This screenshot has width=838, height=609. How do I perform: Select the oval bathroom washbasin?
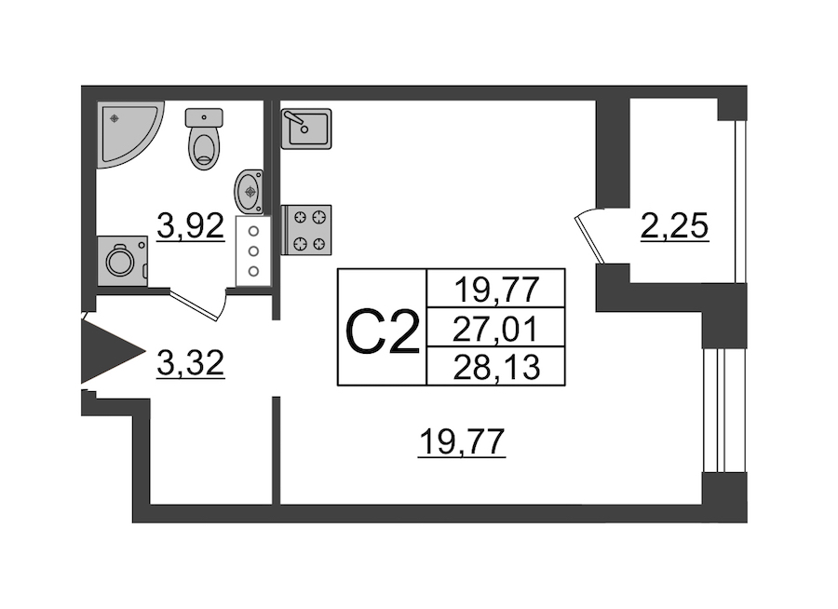(249, 191)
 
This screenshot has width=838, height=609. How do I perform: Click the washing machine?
(122, 261)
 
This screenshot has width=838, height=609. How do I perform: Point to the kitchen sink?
(306, 129)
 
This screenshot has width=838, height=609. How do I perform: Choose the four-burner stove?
(306, 230)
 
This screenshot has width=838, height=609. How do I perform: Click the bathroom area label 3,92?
(190, 227)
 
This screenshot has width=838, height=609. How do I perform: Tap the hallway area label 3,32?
(190, 364)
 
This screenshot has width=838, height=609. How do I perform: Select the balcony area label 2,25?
(675, 226)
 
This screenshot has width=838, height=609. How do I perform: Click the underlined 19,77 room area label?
(462, 443)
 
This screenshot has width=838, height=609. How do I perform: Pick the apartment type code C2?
(383, 333)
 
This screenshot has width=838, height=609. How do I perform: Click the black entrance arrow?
(113, 351)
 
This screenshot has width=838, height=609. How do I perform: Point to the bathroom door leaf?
(193, 305)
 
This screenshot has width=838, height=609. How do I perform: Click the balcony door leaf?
(590, 240)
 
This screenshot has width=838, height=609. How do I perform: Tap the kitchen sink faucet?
(296, 122)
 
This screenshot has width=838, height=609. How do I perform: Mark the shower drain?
(115, 118)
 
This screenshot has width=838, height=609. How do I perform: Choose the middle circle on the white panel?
(254, 250)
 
